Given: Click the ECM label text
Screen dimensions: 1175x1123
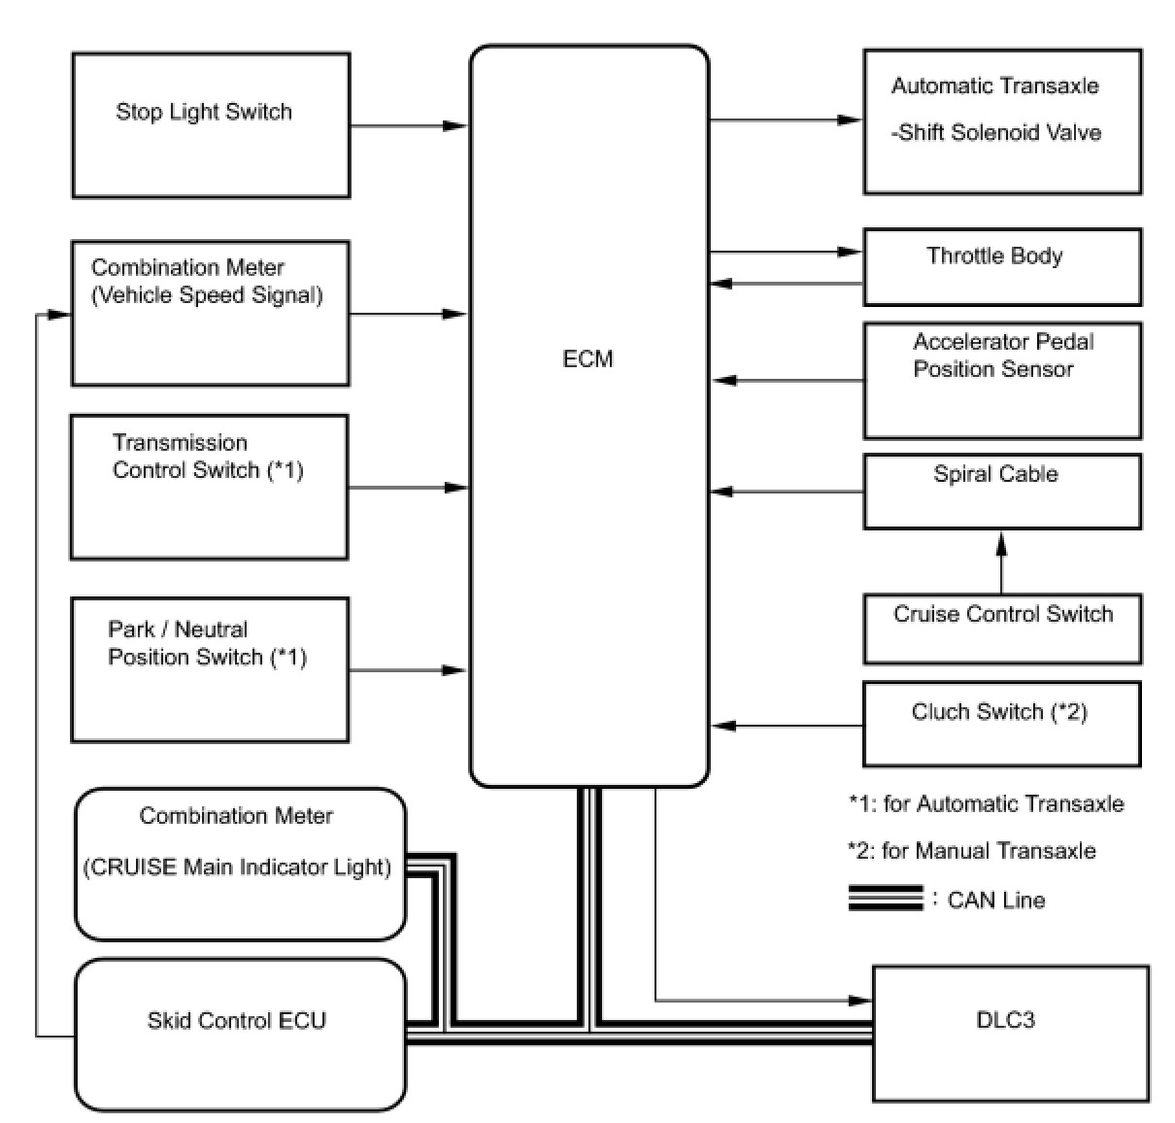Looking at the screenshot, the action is (587, 358).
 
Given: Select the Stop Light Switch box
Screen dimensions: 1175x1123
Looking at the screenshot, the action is (211, 125).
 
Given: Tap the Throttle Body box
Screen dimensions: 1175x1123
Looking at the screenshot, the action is (1002, 267).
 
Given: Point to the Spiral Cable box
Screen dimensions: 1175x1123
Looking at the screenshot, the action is (1002, 492).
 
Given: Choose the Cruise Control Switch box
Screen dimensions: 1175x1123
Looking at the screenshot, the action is (1002, 629).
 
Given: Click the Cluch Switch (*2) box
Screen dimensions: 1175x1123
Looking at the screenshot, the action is (1002, 725).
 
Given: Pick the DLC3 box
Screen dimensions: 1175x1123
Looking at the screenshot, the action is (1011, 1034).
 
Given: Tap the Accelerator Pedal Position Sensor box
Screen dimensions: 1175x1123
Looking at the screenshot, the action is (1002, 381).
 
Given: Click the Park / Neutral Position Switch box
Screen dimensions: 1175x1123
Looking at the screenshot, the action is (210, 670).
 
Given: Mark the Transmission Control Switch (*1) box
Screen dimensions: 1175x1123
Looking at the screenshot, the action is (210, 487).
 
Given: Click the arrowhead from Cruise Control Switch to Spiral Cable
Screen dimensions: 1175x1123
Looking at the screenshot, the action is (1001, 544).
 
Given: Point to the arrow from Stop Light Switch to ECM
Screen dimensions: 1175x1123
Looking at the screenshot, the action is (409, 125).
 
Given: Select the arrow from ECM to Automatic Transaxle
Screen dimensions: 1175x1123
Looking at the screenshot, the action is (786, 120).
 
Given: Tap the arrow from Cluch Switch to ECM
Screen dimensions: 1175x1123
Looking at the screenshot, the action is (788, 726).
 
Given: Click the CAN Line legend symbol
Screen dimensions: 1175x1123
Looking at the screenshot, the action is (886, 898).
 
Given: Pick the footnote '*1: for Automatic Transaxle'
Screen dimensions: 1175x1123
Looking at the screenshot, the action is (986, 803).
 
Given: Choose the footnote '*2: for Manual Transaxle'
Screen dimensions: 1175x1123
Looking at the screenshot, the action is (971, 851).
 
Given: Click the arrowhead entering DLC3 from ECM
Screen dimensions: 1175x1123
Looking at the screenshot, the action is (859, 1001).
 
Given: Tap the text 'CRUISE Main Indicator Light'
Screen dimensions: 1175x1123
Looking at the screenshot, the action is (237, 867).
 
